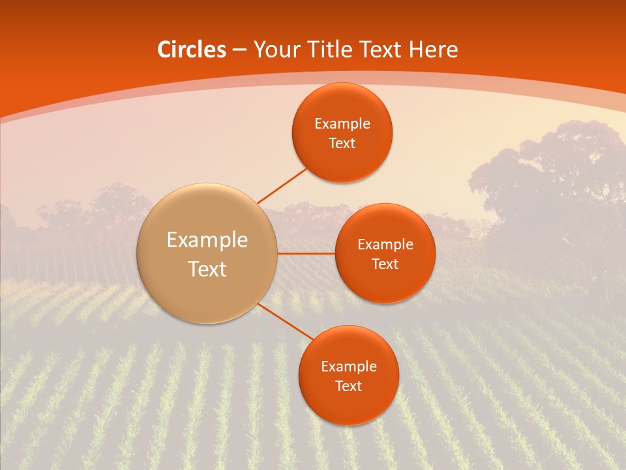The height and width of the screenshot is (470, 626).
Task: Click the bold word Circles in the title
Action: click(191, 50)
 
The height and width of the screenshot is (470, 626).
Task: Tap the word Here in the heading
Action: click(433, 50)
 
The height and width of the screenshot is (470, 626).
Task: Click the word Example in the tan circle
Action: click(207, 240)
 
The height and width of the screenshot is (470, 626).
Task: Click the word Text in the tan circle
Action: click(207, 269)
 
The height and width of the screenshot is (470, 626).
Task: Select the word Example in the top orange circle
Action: click(342, 124)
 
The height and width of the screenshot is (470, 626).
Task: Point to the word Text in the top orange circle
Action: click(342, 144)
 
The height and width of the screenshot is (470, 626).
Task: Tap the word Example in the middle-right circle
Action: click(385, 245)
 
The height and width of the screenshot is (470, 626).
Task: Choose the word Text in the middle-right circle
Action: click(385, 264)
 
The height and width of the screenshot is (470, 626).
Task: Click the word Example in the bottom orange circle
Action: click(348, 367)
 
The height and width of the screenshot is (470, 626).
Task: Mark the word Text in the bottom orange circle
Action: click(348, 386)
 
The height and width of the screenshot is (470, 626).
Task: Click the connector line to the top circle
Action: click(282, 185)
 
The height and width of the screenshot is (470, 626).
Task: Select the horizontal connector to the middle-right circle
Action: click(306, 253)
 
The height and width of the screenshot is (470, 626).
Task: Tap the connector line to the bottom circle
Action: click(286, 322)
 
